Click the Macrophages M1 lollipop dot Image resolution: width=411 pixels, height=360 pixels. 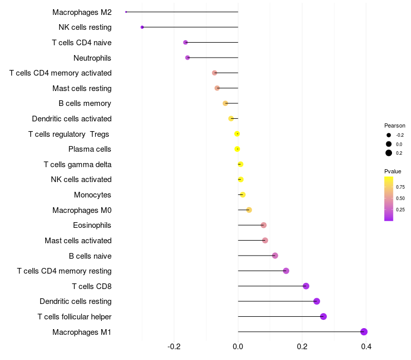click(364, 332)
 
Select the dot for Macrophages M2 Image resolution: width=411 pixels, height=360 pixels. click(126, 12)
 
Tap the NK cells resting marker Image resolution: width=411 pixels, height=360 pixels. click(142, 27)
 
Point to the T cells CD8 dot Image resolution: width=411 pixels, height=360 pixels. click(306, 286)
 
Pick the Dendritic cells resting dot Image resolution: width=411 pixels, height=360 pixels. click(316, 301)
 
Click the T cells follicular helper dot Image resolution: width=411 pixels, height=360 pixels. click(323, 316)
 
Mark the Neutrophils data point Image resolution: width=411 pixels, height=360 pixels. click(188, 58)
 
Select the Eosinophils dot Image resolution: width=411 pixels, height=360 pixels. click(264, 225)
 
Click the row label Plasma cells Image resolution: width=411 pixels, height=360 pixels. click(90, 149)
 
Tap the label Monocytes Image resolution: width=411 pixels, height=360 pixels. click(92, 195)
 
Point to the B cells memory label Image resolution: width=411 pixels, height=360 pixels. click(85, 103)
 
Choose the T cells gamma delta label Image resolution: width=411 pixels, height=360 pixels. click(78, 165)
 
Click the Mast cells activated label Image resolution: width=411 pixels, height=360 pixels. click(78, 241)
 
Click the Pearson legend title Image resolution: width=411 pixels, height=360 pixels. click(395, 125)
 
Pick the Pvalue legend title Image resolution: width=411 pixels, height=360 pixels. click(393, 171)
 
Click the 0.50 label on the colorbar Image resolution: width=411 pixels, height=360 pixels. click(400, 198)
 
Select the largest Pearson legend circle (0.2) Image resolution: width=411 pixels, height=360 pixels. click(389, 153)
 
